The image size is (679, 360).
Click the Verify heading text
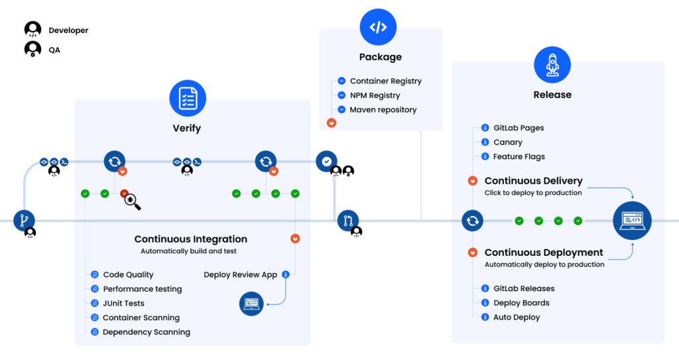coord(187,128)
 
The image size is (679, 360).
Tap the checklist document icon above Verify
coord(188,98)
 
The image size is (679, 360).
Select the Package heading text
coord(380,57)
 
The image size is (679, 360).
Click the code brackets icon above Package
coord(378,27)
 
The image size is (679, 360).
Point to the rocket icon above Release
coord(552,64)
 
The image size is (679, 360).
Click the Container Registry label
coord(385,82)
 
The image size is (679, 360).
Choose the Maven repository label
coord(383,110)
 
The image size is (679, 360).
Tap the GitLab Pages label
coord(519,128)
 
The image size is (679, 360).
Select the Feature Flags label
coord(519,157)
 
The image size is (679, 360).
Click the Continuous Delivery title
coord(533,181)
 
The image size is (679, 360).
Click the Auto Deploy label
coord(517,318)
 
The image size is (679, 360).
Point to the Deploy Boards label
coord(521,303)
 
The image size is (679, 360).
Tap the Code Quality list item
coord(128,274)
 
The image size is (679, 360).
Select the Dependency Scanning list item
coord(146,332)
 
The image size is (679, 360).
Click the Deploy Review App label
coord(240,274)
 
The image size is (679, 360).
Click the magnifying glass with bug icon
coord(131,201)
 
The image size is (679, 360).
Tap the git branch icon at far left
coord(25,220)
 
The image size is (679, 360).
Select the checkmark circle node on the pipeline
coord(326,161)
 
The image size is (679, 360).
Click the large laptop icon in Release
coord(631,220)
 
